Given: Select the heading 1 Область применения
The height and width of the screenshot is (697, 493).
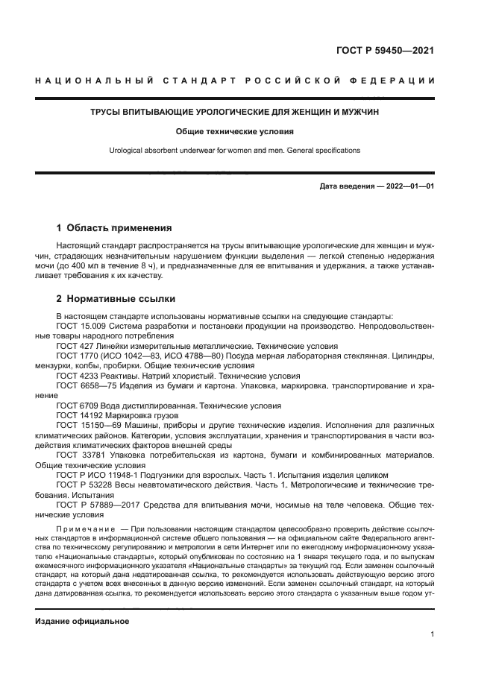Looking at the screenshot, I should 114,228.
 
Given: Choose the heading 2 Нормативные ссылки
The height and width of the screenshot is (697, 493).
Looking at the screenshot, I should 116,299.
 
